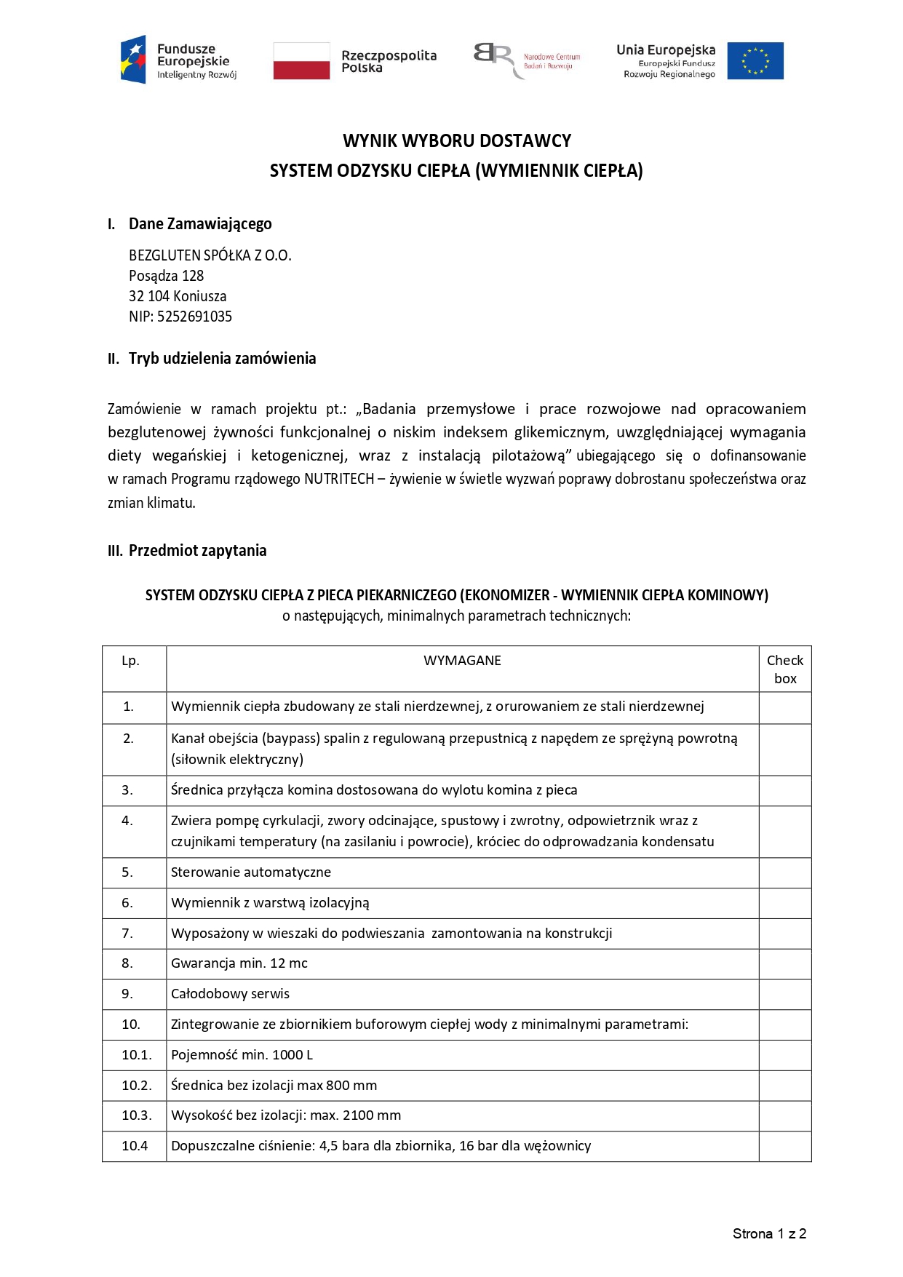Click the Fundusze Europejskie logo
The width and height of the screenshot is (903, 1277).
point(178,60)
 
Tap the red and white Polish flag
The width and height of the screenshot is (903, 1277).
point(301,60)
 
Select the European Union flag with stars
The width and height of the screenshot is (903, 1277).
point(755,60)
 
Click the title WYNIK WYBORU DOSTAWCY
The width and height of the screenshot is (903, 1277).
point(457,140)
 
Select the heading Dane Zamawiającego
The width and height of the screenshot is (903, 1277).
point(200,223)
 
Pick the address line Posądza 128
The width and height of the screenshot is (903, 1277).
point(166,276)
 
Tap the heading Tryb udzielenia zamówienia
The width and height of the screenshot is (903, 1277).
point(222,358)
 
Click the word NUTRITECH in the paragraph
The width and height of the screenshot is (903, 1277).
point(339,479)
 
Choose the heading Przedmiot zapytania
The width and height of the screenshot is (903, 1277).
point(197,550)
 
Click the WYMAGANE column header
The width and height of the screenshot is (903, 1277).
point(462,661)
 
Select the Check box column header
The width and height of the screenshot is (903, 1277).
point(785,669)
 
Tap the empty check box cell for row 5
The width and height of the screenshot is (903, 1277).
point(785,872)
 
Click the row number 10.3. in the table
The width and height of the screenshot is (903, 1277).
point(136,1115)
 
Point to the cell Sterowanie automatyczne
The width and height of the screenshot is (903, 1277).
point(250,872)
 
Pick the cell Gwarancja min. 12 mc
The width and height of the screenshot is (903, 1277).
point(239,963)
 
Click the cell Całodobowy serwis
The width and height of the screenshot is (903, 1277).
point(230,994)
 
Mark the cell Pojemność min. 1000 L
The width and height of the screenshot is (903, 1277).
point(242,1055)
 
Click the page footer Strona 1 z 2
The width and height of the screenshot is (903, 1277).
point(769,1234)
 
